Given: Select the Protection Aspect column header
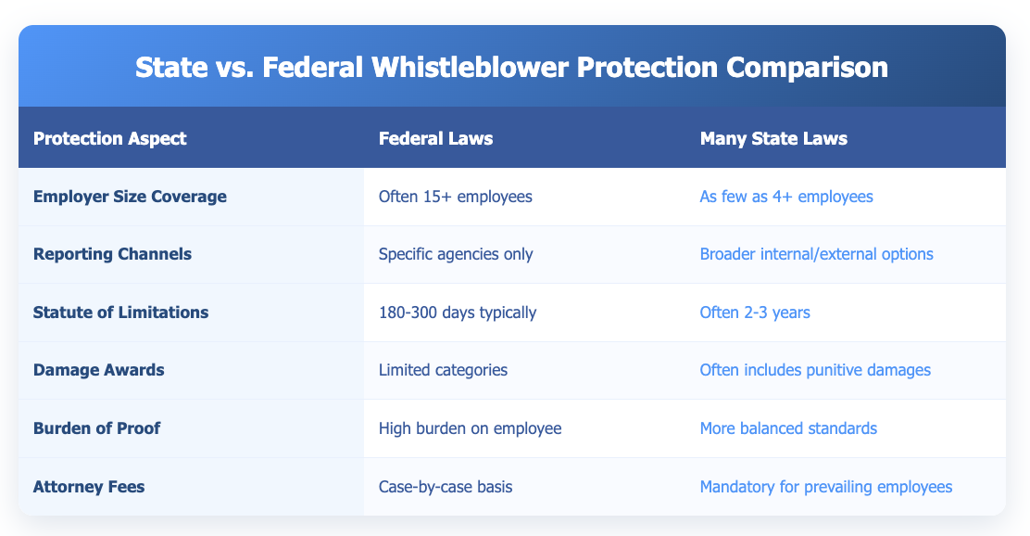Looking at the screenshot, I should (109, 138).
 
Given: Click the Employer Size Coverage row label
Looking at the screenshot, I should (129, 197).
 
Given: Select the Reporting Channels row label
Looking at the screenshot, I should (112, 254).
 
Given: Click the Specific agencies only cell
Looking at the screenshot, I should (456, 254).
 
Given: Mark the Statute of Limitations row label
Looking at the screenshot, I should (120, 313).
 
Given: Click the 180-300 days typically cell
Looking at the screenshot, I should (458, 313).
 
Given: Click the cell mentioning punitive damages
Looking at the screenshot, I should (802, 370).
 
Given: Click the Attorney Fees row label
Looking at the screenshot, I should (88, 486).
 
